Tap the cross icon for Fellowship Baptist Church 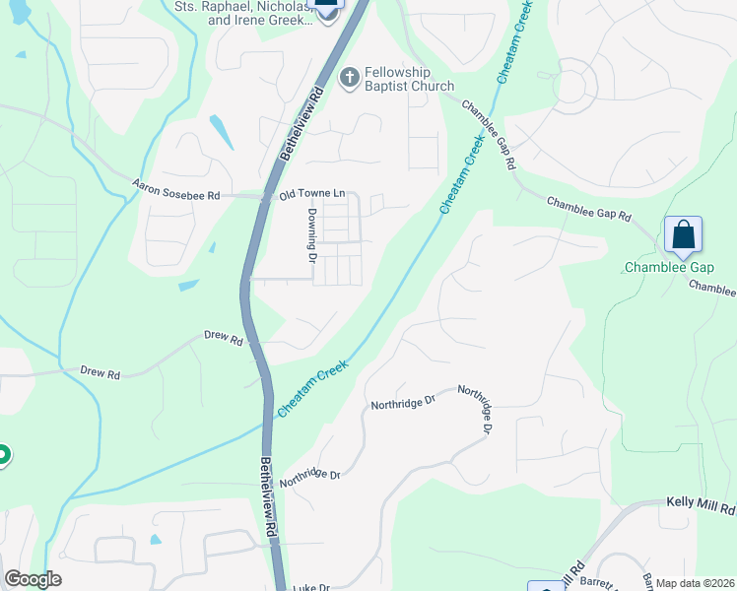pos(349,77)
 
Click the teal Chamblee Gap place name pos(669,268)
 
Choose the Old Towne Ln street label pos(312,195)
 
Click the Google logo pos(33,579)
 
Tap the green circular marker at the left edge pos(2,455)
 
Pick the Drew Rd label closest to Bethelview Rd pos(223,337)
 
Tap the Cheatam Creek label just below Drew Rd pos(314,387)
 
